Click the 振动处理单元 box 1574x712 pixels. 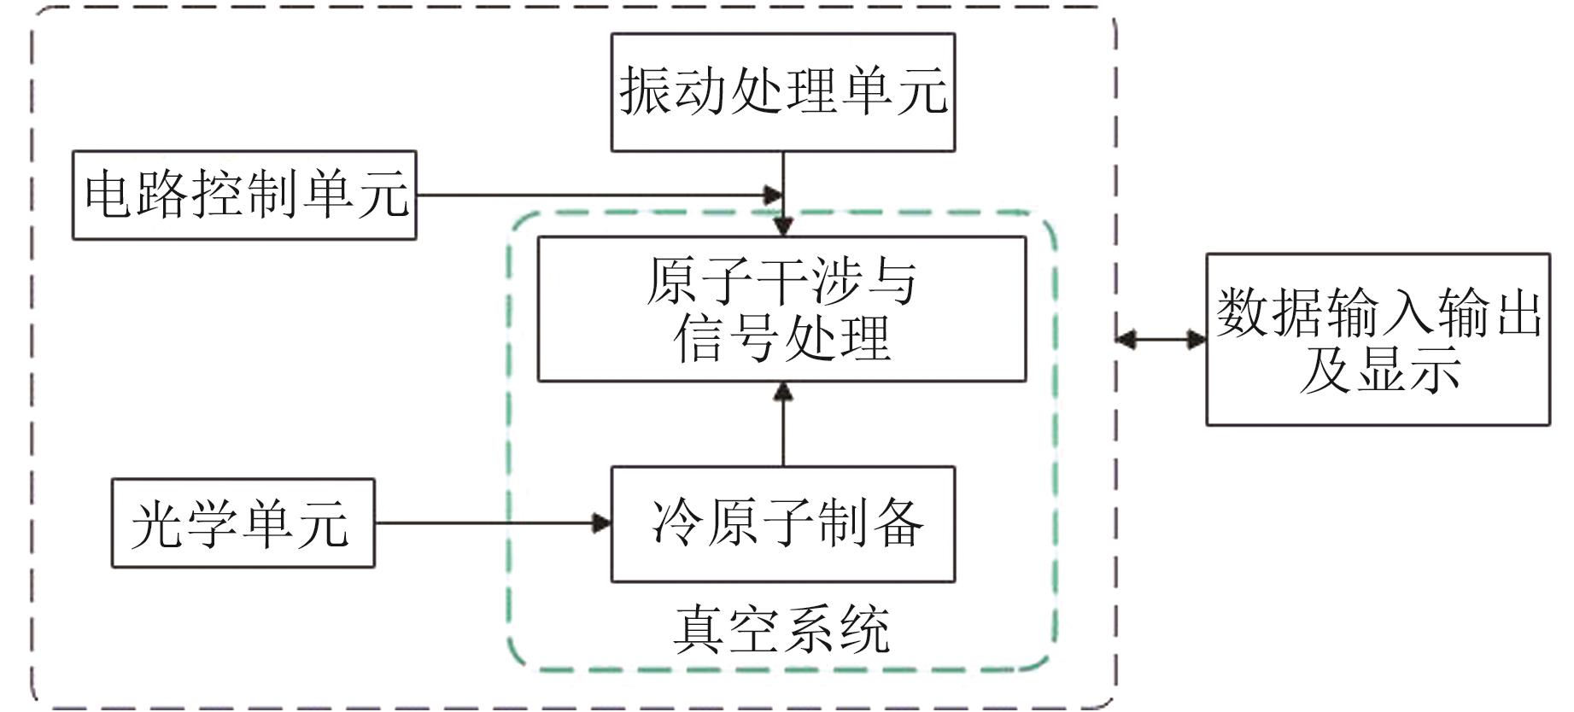782,92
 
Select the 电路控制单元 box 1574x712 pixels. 244,195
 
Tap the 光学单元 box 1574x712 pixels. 243,522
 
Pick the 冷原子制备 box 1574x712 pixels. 782,523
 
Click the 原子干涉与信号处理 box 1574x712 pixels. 781,308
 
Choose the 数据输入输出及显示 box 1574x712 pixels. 1377,339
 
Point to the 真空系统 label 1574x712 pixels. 781,630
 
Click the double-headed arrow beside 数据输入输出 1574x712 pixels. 1161,339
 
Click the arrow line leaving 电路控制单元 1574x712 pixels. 589,195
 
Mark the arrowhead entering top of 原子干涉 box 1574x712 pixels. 783,227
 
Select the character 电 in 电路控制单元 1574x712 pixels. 108,194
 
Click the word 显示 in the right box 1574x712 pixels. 1404,369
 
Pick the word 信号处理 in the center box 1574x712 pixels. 781,338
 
